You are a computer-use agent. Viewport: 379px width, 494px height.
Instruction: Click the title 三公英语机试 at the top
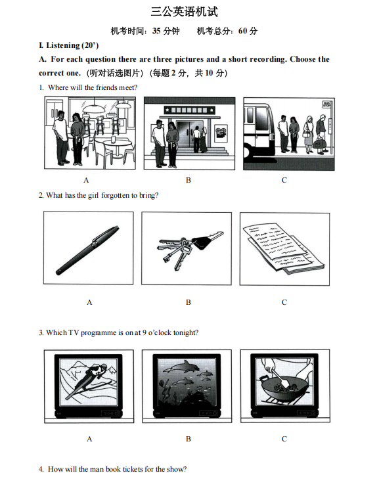click(x=185, y=12)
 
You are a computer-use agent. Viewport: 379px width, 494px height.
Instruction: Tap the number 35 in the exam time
click(x=156, y=31)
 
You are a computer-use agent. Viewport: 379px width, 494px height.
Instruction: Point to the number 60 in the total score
click(x=242, y=31)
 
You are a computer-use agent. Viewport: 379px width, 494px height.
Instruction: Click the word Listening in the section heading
click(x=62, y=45)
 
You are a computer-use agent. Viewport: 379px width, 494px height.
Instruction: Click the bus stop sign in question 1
click(x=326, y=104)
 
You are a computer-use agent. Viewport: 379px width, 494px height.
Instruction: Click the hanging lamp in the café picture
click(x=93, y=108)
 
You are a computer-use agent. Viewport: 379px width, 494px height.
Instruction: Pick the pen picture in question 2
click(x=87, y=250)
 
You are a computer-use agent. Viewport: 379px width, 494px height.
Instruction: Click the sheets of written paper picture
click(x=283, y=248)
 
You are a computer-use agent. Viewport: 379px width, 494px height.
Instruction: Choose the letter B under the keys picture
click(x=189, y=302)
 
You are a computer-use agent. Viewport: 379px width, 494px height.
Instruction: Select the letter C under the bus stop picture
click(x=284, y=180)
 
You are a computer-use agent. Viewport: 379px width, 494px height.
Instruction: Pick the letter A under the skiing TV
click(x=89, y=439)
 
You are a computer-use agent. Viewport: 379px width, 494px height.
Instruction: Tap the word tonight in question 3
click(x=186, y=333)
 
